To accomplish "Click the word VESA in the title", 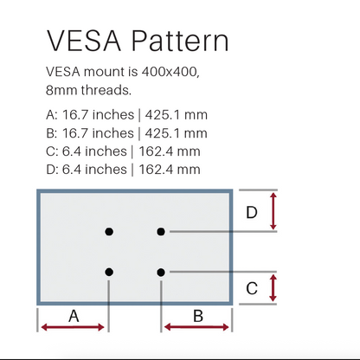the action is (x=84, y=41).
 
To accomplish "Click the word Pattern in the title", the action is (x=180, y=41).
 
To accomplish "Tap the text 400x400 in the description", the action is (x=170, y=72).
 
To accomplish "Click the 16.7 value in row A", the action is (x=75, y=115).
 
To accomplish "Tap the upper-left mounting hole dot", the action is (x=109, y=231).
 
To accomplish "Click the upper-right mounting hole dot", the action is (x=161, y=231).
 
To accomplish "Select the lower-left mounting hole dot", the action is (x=109, y=272).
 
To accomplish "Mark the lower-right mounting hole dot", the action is (x=161, y=272).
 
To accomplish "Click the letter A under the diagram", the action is (x=74, y=316).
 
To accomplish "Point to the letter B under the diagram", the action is (x=198, y=316).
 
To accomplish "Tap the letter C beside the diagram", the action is (x=252, y=288).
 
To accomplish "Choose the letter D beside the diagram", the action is (x=252, y=212).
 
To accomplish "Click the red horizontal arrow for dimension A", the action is (x=73, y=327).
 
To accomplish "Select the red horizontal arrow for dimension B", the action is (x=196, y=327).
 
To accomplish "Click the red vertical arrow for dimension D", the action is (x=273, y=211).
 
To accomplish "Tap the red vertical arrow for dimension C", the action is (x=273, y=288).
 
